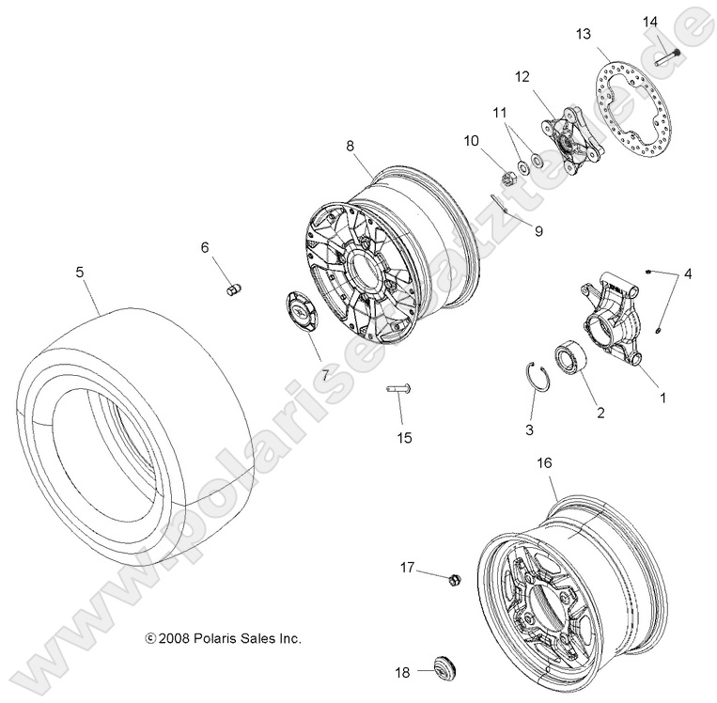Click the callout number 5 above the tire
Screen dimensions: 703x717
pyautogui.click(x=80, y=273)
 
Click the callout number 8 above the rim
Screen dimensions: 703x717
pyautogui.click(x=350, y=146)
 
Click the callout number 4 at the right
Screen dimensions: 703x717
pyautogui.click(x=688, y=274)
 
